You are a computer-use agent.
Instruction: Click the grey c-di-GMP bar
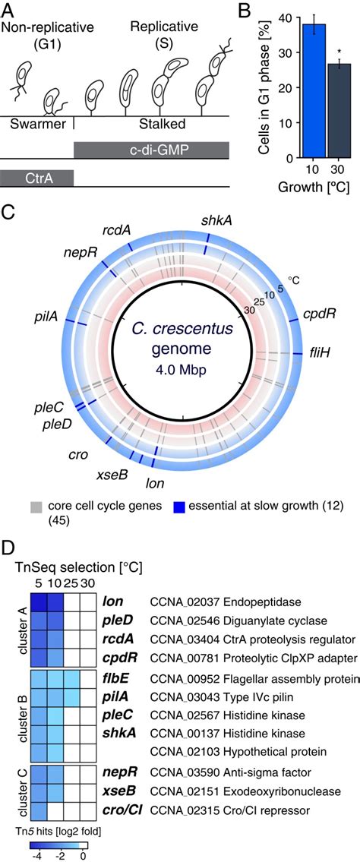click(x=152, y=150)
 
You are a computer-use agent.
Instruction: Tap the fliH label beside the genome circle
click(x=317, y=352)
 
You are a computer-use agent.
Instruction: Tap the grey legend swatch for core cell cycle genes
click(x=35, y=507)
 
